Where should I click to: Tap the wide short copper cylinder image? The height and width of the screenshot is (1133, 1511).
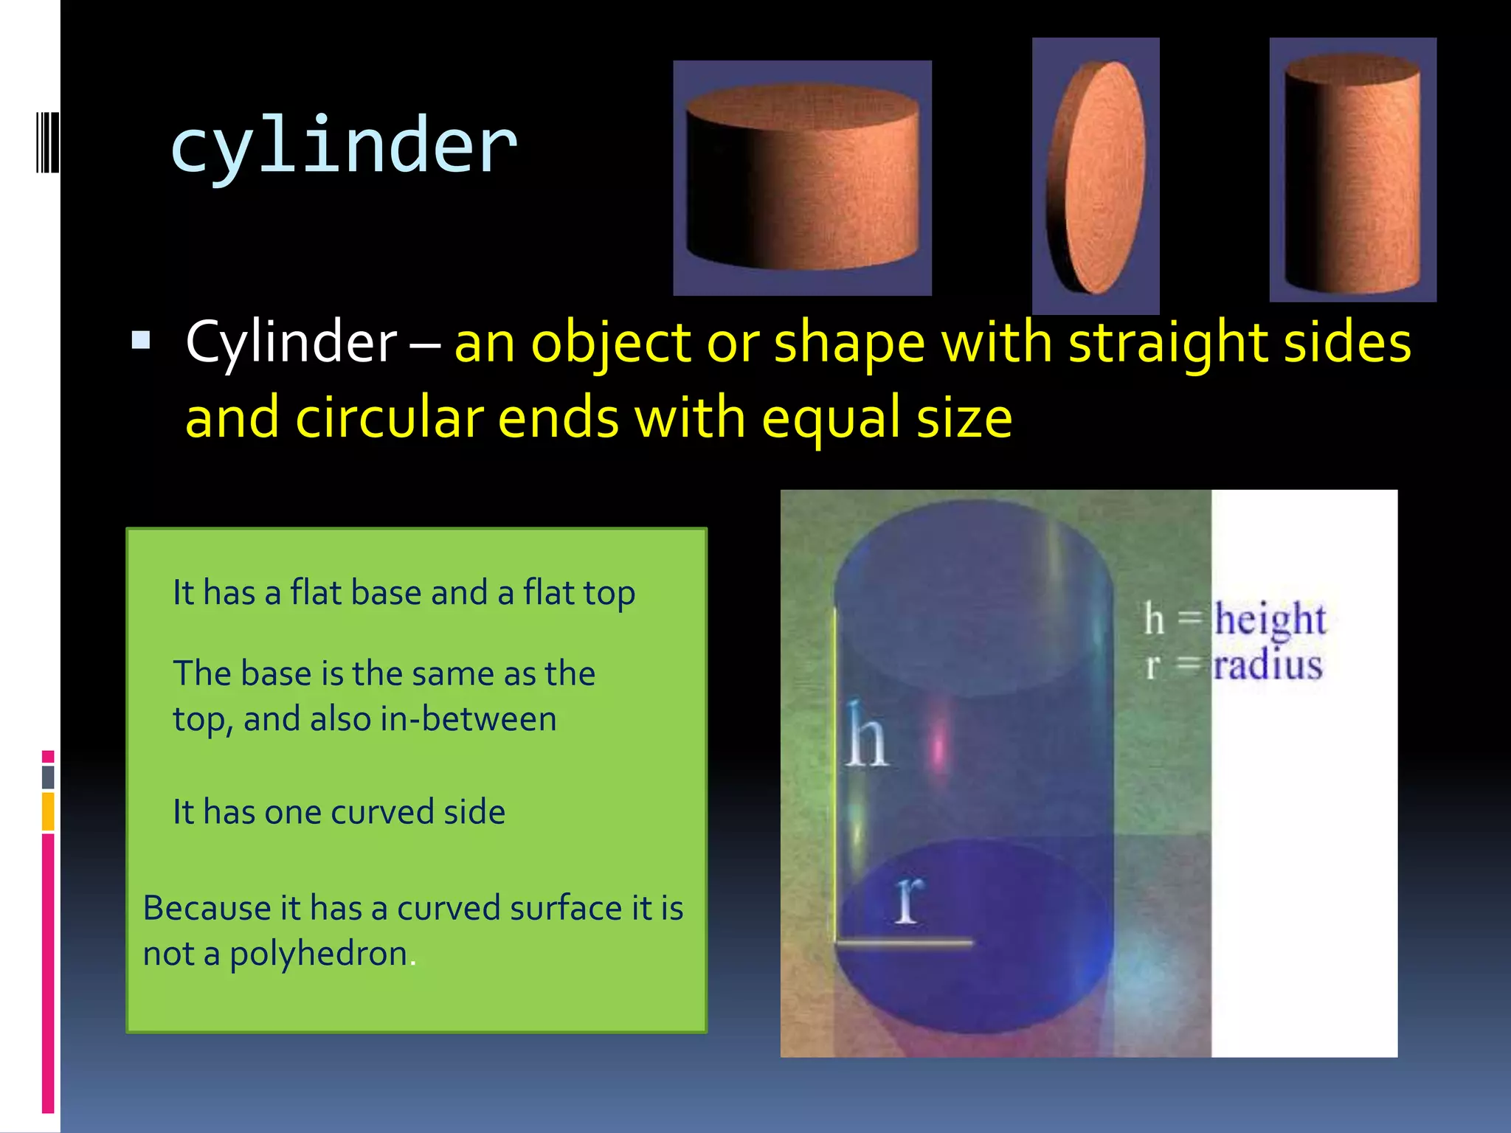[x=803, y=178]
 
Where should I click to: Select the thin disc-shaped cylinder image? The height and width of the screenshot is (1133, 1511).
[x=1096, y=177]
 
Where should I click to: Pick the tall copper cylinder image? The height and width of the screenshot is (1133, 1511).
[x=1352, y=170]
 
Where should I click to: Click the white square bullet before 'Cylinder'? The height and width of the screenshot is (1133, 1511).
[x=140, y=340]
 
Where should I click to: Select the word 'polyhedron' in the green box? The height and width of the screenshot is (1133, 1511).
[x=319, y=953]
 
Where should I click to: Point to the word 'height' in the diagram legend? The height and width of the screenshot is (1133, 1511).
[x=1270, y=619]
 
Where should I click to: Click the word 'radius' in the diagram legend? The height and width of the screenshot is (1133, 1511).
[x=1268, y=665]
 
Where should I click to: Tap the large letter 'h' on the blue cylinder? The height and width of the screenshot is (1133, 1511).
[x=865, y=735]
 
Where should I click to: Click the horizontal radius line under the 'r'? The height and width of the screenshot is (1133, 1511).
[x=905, y=942]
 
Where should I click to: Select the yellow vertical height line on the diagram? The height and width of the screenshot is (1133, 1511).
[x=836, y=775]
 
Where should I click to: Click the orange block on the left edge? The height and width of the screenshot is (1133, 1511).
[x=48, y=811]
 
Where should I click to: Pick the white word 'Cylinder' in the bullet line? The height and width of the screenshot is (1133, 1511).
[x=291, y=343]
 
